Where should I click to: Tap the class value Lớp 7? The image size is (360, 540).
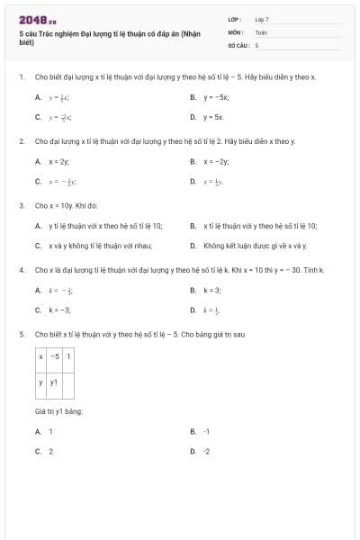point(262,18)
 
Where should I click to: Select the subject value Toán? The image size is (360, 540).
point(261,31)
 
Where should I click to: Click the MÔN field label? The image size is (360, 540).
point(235,31)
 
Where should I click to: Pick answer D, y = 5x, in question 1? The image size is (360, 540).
point(213,117)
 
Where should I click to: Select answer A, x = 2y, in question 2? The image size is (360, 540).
point(58,161)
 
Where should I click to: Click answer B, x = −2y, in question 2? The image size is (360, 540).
point(216,161)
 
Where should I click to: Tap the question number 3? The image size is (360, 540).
point(21,205)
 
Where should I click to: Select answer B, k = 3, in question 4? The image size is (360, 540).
point(211,290)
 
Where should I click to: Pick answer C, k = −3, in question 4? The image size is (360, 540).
point(59,310)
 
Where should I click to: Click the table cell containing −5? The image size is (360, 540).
point(54,356)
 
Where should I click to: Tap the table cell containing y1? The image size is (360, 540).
point(54,383)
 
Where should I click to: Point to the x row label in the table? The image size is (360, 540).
point(41,356)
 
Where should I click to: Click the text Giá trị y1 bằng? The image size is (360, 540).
point(58,411)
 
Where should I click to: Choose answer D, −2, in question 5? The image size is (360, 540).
point(206,451)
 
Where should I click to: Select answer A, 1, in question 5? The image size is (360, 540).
point(50,431)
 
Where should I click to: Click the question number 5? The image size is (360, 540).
point(21,335)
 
